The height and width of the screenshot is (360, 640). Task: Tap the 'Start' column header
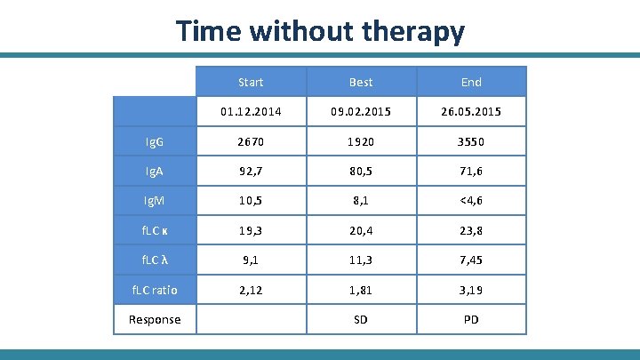251,82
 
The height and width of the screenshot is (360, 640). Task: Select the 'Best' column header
361,82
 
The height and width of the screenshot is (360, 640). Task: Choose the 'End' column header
471,82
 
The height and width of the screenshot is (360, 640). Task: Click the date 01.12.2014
251,112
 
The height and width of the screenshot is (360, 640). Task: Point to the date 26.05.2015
471,112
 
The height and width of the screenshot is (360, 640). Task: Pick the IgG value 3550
471,142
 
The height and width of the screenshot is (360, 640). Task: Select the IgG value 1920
361,142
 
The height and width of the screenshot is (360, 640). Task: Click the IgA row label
155,172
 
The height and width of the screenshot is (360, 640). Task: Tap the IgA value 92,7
251,172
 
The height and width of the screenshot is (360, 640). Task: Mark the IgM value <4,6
471,201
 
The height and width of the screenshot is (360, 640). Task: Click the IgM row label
155,201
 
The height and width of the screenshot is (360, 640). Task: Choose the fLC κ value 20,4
361,231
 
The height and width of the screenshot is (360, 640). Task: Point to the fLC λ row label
155,260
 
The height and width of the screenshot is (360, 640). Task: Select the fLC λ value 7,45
471,260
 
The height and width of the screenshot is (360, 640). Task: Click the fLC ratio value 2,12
251,290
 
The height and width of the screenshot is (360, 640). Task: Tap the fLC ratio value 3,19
471,290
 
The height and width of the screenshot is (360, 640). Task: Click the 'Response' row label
155,319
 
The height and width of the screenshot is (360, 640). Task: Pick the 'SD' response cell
361,319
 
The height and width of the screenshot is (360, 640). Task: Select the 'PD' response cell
471,319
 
